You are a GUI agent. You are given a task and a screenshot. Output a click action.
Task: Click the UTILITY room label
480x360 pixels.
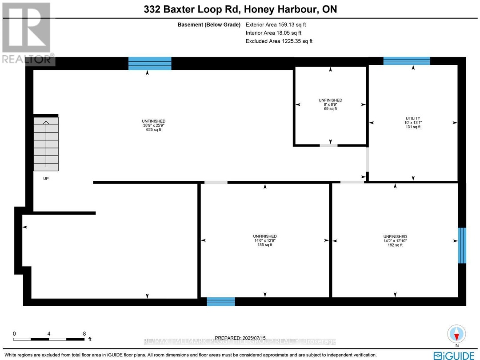pos(413,118)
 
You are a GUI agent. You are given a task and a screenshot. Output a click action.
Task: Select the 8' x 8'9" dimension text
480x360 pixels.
pos(330,104)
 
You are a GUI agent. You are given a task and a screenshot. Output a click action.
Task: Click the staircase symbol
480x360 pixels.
pos(46,144)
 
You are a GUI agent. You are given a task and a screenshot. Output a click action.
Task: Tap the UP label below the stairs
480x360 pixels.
pos(46,179)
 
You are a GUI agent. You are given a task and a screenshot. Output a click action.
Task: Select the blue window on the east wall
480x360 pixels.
pos(462,245)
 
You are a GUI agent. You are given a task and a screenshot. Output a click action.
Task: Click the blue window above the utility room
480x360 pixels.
pos(407,61)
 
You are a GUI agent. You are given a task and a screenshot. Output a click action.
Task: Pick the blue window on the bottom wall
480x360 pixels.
pos(221,302)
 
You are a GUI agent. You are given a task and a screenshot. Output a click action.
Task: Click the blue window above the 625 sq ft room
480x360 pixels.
pos(150,64)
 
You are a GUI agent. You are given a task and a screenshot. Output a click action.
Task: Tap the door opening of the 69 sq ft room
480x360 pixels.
pos(328,145)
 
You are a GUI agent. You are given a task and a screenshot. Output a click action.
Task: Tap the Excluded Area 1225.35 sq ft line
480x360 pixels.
pos(279,41)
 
